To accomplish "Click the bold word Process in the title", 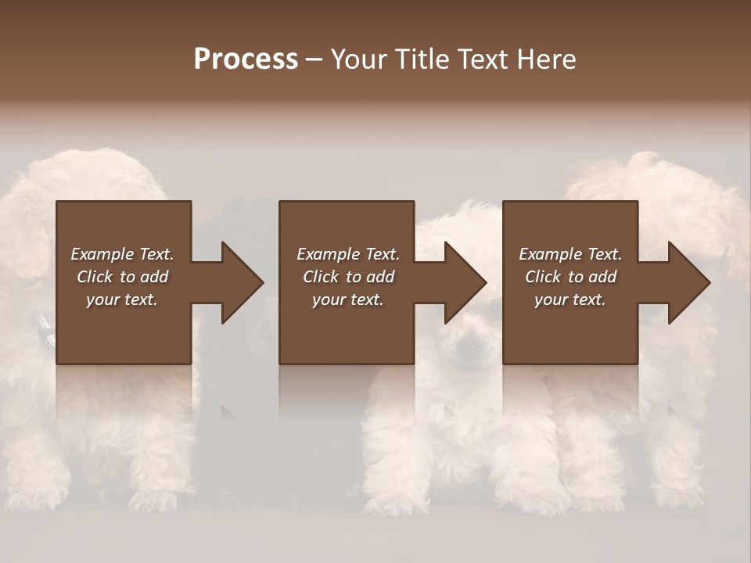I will pyautogui.click(x=246, y=59).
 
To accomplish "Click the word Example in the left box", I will pyautogui.click(x=102, y=254).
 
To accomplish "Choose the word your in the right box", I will pyautogui.click(x=551, y=299).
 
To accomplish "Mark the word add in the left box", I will pyautogui.click(x=154, y=277).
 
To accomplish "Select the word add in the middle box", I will pyautogui.click(x=380, y=277).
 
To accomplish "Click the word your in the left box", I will pyautogui.click(x=102, y=299).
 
